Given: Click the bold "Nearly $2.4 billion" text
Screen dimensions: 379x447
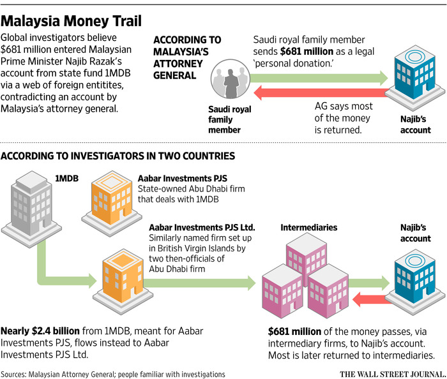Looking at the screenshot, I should click(x=40, y=332).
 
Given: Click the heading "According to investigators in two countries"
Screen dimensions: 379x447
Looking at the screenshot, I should click(x=119, y=156).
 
